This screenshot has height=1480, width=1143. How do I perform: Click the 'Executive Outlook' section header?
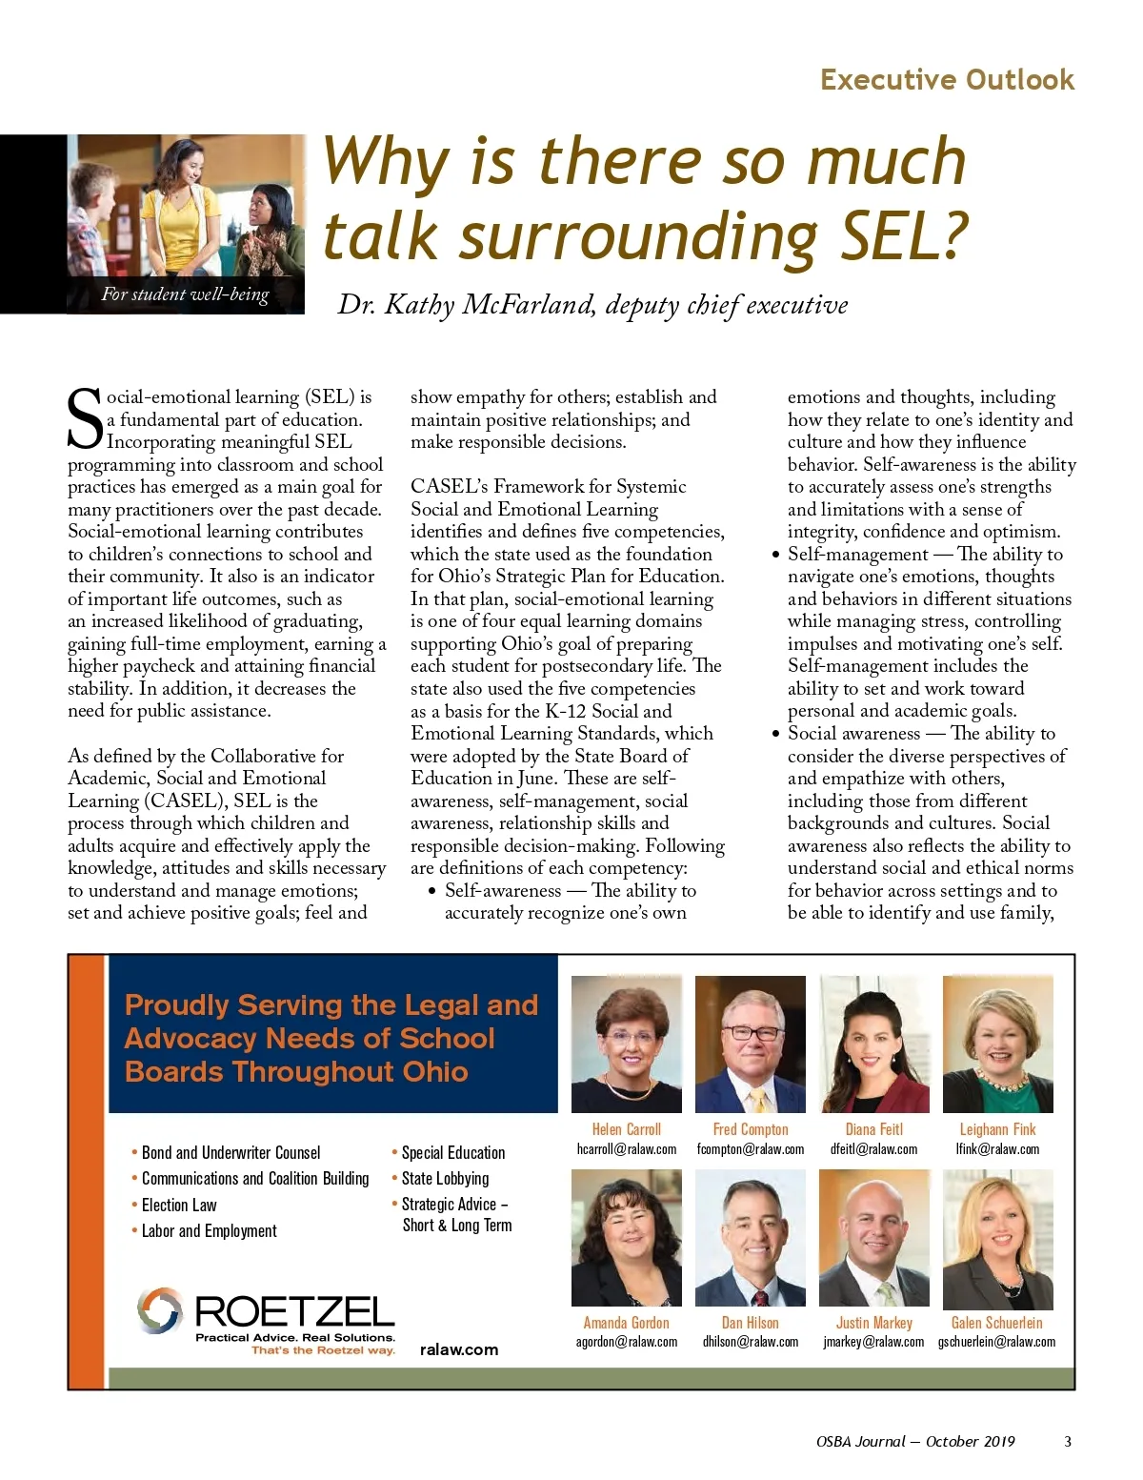point(947,79)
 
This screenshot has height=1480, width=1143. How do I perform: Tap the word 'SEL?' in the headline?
point(903,235)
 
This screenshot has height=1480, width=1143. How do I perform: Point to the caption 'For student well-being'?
point(186,294)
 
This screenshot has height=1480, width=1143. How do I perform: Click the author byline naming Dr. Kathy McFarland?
point(592,305)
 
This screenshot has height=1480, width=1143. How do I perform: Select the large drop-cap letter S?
point(85,419)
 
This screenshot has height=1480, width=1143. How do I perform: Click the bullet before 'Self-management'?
point(775,555)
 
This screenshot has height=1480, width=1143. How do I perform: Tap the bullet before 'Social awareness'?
point(775,734)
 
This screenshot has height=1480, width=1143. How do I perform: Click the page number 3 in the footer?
point(1067,1441)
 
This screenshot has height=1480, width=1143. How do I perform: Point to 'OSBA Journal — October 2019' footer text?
point(915,1441)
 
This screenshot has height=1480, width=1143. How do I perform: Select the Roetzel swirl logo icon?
point(159,1309)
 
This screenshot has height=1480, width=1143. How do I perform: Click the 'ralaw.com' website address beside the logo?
point(458,1349)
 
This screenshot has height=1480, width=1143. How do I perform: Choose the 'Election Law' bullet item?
point(179,1205)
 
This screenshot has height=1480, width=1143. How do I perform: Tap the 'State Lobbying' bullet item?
point(445,1179)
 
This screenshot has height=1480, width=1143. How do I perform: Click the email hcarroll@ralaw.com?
point(627,1149)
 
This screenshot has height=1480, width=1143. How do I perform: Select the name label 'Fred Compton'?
point(751,1129)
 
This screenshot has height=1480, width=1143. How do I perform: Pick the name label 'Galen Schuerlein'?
point(996,1323)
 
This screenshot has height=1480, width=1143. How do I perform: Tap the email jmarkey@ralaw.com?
point(873,1342)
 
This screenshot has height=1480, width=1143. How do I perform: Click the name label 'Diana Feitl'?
point(873,1129)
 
